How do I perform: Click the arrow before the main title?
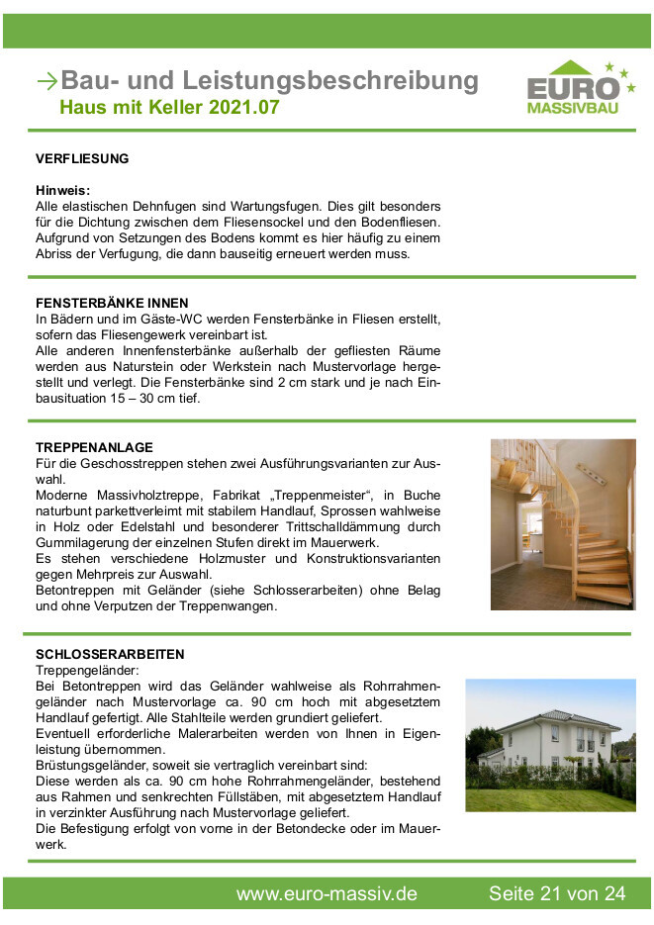tap(47, 81)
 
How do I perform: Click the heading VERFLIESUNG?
tap(82, 158)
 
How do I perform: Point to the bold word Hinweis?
tap(63, 190)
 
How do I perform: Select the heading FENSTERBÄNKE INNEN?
tap(112, 303)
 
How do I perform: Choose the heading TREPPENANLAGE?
tap(94, 448)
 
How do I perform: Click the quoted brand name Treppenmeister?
tap(319, 495)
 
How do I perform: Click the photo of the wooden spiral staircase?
tap(563, 524)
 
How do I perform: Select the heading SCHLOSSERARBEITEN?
tap(110, 655)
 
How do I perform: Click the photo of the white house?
tap(550, 745)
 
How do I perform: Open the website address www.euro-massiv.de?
tap(327, 894)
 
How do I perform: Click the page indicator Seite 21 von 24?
tap(557, 894)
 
